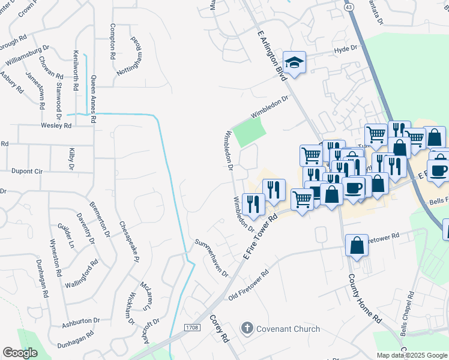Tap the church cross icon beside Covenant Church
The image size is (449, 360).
(246, 328)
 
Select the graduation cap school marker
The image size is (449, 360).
(294, 63)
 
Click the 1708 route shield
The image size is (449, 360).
(192, 327)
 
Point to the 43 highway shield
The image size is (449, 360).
(349, 6)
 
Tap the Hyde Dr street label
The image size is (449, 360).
(345, 48)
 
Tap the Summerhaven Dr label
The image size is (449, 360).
(212, 257)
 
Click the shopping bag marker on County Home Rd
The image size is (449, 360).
(357, 246)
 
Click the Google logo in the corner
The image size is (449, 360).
(20, 353)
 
